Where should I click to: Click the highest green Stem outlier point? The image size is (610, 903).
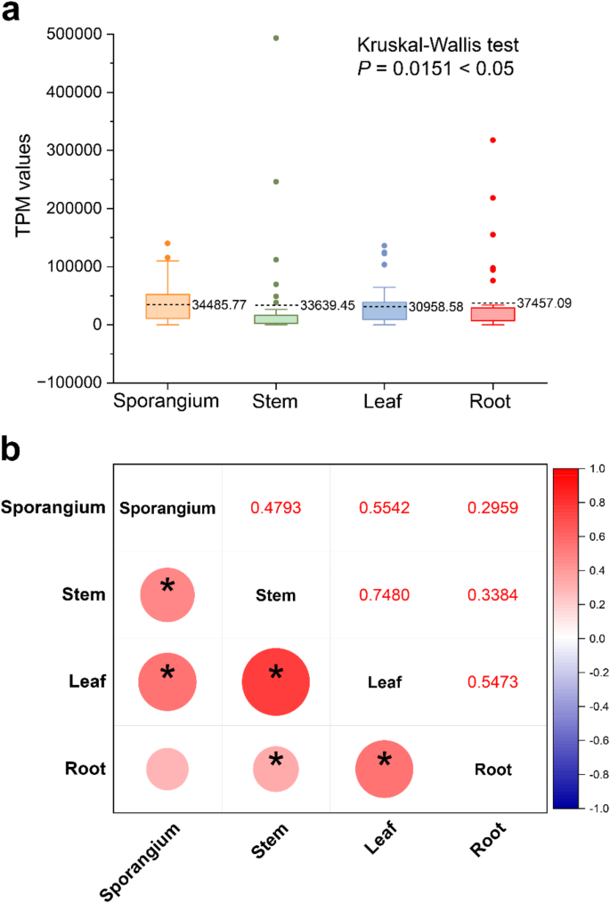click(276, 38)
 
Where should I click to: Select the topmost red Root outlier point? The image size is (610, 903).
click(492, 140)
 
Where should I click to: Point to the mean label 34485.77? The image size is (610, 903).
click(221, 305)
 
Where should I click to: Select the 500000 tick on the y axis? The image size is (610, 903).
click(74, 35)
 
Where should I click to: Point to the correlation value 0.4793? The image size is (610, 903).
click(275, 509)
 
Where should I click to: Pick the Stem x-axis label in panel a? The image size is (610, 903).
click(275, 401)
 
